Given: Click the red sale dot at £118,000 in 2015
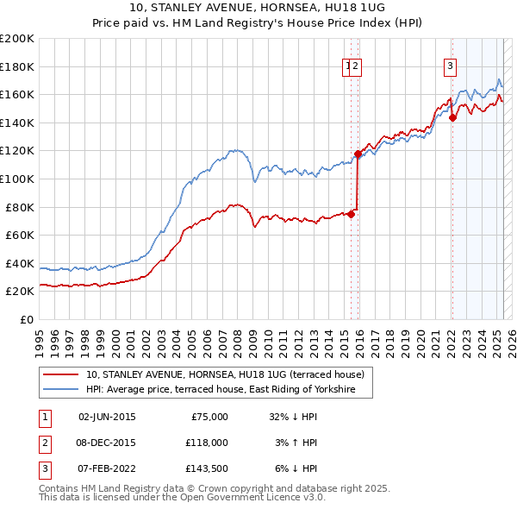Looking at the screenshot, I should click(x=358, y=154).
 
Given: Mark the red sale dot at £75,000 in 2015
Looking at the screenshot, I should click(x=351, y=215).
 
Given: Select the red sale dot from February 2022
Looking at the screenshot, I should click(x=452, y=118).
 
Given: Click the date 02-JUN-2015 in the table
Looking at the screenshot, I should click(x=107, y=417).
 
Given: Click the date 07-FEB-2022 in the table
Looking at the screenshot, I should click(x=107, y=468).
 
